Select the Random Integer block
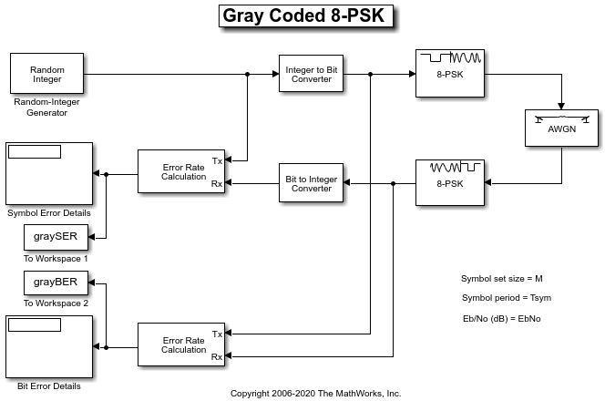46,74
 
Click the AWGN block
561,129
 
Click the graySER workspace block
56,238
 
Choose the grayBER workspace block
56,283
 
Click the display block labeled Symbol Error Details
49,174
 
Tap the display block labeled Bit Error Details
49,347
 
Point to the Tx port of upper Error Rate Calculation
217,161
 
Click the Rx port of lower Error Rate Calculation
217,357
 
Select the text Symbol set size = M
502,278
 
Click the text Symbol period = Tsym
506,298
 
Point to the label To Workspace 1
56,258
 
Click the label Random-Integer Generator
46,108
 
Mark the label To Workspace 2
56,303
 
